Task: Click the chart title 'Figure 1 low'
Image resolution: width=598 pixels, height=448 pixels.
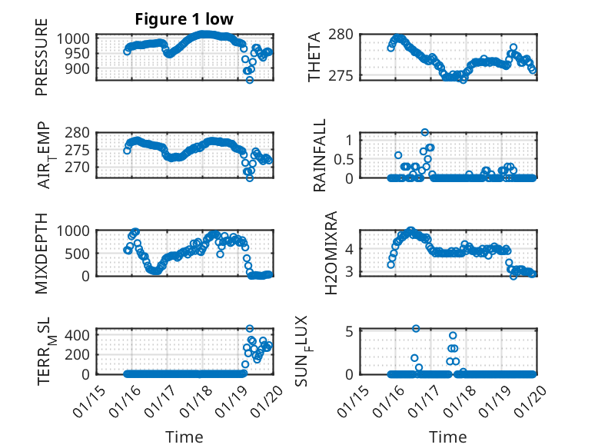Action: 184,19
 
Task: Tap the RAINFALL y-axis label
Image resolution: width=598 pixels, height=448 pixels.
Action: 319,155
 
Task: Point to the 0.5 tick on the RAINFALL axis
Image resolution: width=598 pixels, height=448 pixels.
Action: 341,158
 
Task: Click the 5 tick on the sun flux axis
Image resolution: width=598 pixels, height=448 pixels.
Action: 348,332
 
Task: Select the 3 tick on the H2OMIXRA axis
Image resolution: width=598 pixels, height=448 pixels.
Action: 348,271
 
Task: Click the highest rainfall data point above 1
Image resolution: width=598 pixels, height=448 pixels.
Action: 424,132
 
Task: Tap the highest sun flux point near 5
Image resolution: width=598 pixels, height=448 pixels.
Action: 416,329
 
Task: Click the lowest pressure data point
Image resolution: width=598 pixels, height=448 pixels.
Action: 250,80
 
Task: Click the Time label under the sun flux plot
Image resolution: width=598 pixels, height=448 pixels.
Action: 447,437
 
